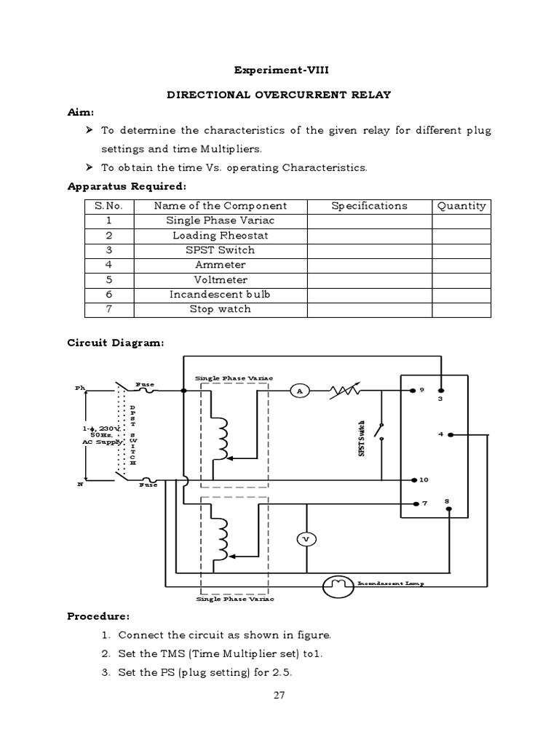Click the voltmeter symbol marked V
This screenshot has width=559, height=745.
tap(306, 538)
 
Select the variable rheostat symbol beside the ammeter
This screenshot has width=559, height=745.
tap(344, 391)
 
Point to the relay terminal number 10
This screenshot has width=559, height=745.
tap(424, 480)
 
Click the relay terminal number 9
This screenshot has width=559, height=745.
tap(421, 390)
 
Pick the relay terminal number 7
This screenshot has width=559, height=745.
tap(424, 503)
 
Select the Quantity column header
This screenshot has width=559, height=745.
tap(461, 206)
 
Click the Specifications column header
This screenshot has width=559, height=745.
tap(369, 206)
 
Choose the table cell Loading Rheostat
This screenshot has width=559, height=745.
tap(220, 235)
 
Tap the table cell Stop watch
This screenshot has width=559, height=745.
tap(220, 308)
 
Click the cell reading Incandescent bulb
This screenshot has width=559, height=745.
tap(220, 294)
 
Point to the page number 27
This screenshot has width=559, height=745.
tap(279, 695)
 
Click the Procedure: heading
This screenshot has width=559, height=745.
tap(98, 616)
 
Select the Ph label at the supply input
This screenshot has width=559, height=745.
tap(80, 388)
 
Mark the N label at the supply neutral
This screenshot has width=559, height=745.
tap(81, 483)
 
